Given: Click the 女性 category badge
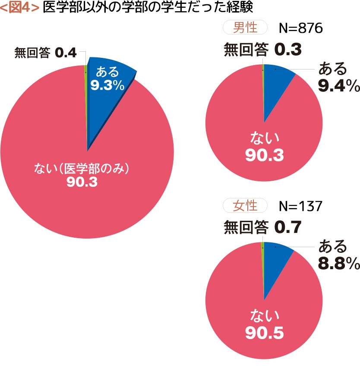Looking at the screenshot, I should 245,206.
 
